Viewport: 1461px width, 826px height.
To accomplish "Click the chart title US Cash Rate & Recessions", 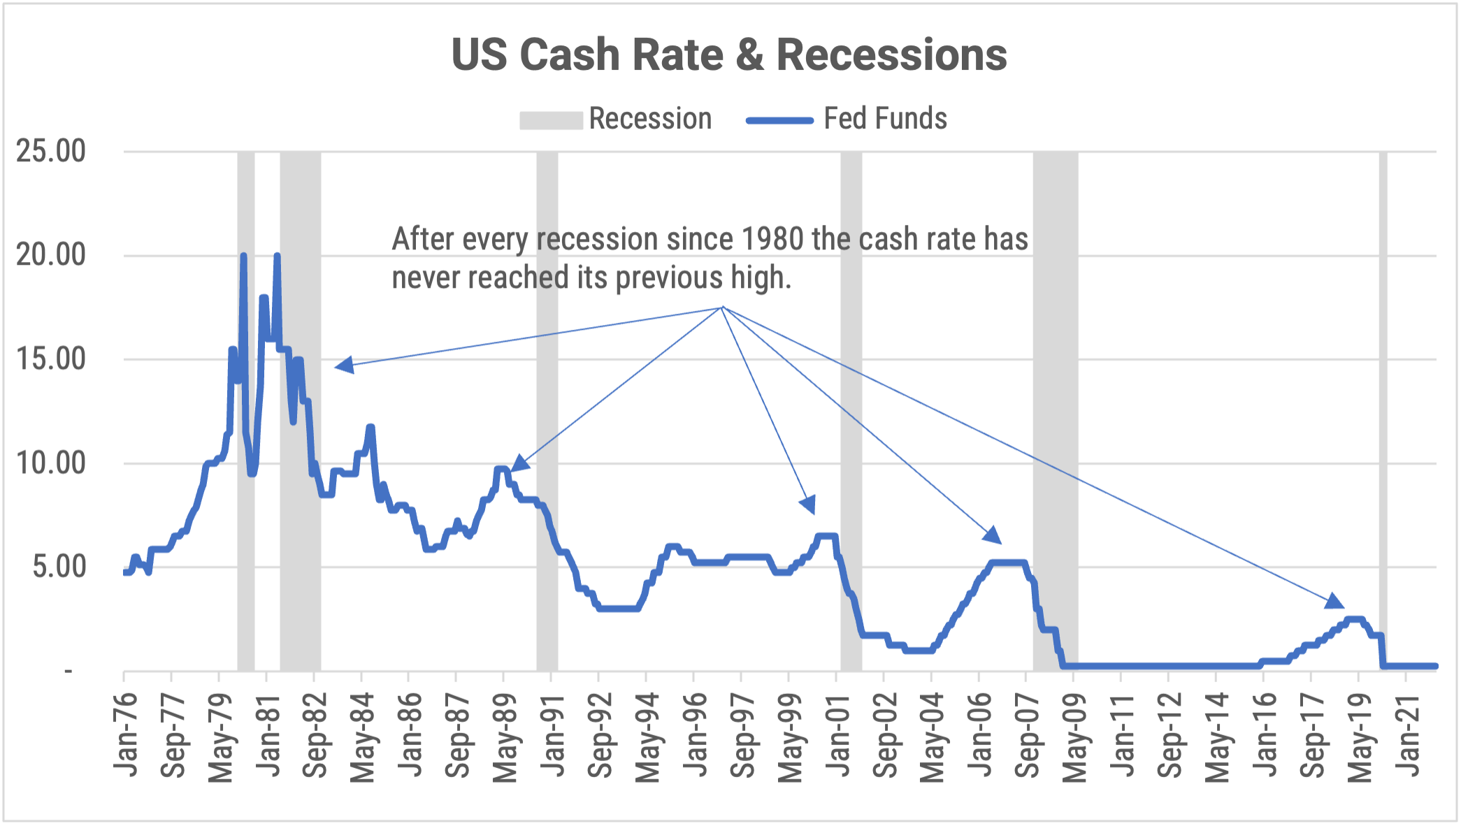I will pos(729,55).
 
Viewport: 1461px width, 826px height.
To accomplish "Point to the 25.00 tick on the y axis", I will pos(51,151).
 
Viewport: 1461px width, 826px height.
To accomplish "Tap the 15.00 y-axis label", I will pos(51,359).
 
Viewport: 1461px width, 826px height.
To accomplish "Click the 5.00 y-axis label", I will pos(59,567).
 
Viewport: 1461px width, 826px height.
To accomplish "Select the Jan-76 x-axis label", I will pos(126,734).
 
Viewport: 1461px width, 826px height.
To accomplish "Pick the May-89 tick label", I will pos(505,738).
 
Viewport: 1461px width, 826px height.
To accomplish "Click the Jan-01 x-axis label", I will pos(837,734).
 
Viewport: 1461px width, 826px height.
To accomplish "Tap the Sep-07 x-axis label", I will pos(1027,736).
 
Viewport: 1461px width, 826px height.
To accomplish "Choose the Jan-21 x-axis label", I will pos(1407,734).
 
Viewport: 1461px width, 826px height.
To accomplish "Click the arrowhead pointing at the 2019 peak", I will pos(1334,601).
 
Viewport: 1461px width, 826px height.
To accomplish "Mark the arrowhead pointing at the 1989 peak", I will pos(519,463).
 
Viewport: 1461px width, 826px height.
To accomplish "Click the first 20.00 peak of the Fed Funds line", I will pos(243,256).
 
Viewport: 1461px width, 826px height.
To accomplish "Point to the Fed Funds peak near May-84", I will pos(370,427).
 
